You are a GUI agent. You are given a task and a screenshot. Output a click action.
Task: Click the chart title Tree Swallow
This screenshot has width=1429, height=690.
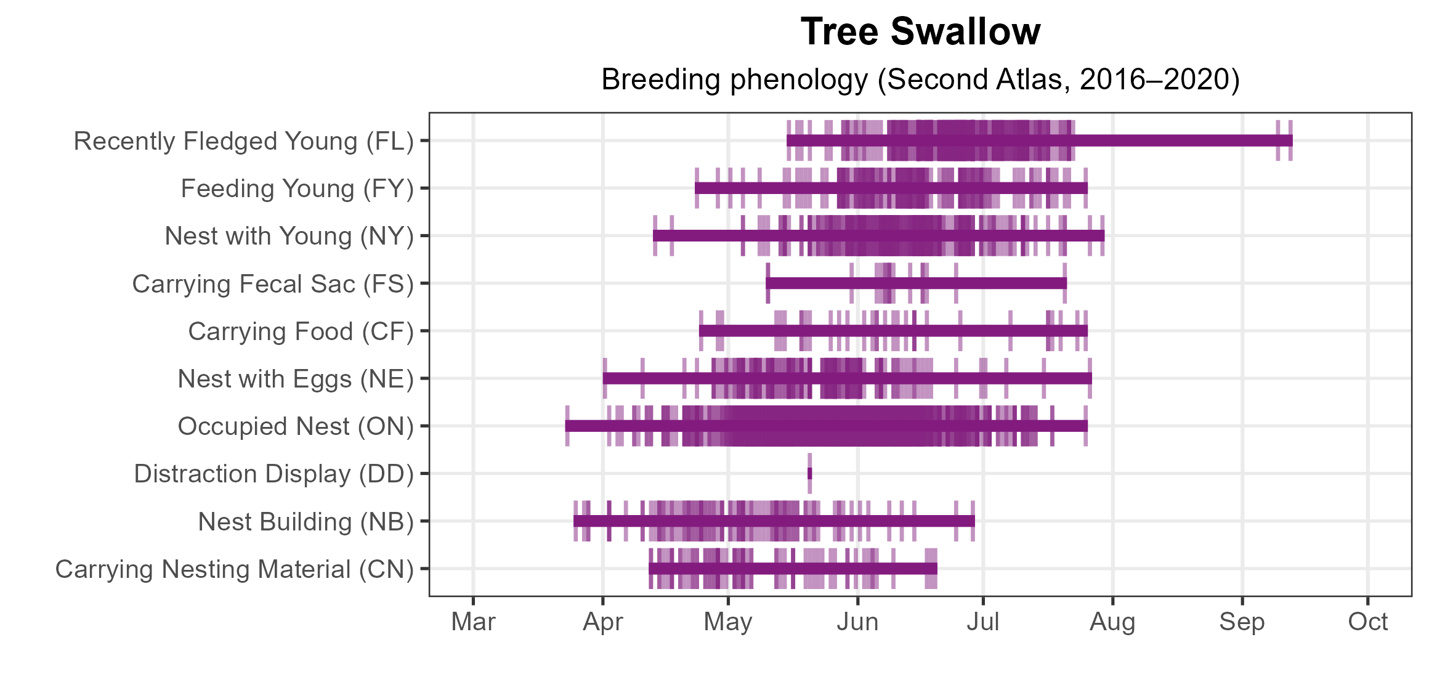[920, 32]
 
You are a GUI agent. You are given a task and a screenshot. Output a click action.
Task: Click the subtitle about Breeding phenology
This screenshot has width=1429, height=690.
[920, 79]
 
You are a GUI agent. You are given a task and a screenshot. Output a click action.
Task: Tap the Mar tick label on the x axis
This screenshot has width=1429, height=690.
[473, 622]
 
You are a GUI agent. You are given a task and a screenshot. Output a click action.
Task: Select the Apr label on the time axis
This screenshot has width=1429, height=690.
[603, 622]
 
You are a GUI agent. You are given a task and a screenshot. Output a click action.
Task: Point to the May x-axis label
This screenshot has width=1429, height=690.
[728, 622]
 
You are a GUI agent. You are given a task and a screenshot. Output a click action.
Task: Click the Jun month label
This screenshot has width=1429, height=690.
[857, 622]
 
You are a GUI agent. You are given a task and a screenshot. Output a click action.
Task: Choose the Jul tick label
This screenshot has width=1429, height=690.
[983, 622]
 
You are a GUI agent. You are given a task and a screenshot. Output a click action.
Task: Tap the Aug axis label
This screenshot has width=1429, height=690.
[1112, 622]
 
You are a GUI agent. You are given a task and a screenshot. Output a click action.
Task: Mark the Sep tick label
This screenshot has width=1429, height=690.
[1242, 622]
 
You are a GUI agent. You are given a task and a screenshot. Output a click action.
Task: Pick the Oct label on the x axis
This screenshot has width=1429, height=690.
[1367, 622]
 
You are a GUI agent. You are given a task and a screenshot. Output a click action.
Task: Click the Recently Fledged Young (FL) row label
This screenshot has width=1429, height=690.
[244, 141]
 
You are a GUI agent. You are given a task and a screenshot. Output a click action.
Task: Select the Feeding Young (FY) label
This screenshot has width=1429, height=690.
[297, 189]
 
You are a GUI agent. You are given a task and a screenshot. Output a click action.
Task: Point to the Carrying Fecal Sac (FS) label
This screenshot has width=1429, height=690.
[273, 284]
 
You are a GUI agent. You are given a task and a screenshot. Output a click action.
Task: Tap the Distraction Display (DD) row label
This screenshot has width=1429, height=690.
[274, 474]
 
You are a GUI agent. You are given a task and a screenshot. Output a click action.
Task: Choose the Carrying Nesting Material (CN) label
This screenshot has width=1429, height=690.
[235, 569]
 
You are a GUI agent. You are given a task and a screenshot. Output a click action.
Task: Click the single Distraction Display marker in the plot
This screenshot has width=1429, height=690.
[809, 473]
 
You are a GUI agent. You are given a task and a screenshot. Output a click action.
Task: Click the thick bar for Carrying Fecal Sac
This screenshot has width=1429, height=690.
[917, 283]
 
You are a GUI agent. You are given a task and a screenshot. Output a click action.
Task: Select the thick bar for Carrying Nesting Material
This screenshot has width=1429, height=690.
[793, 569]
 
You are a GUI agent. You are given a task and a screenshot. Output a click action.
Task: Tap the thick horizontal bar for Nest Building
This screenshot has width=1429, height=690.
[774, 521]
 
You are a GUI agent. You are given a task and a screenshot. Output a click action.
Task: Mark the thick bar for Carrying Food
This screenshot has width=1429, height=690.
[893, 331]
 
